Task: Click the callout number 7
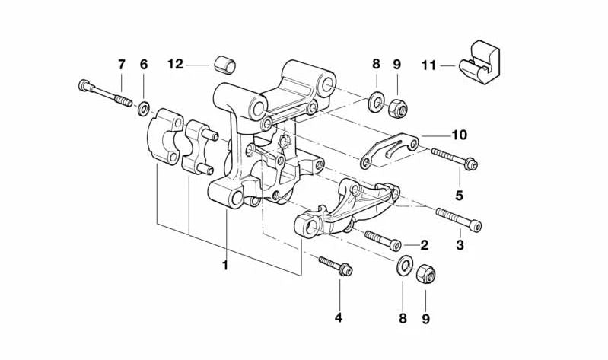121,64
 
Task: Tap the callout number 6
143,64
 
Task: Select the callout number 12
176,64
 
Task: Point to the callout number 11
428,65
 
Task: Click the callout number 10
458,135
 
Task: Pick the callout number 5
459,196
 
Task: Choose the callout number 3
459,245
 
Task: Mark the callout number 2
424,245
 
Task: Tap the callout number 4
339,317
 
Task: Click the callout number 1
225,266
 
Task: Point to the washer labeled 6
143,109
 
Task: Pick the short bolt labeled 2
382,240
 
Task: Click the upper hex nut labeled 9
396,107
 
